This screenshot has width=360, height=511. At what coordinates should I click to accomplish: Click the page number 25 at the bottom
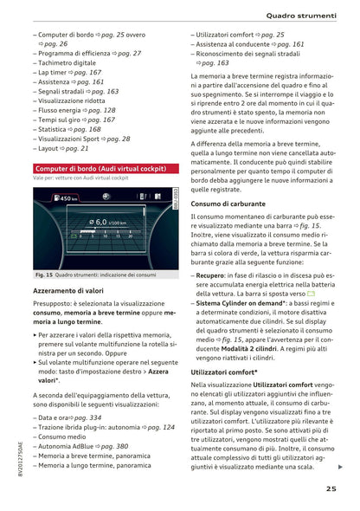tap(332, 489)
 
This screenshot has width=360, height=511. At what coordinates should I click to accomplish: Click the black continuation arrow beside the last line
tap(340, 468)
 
